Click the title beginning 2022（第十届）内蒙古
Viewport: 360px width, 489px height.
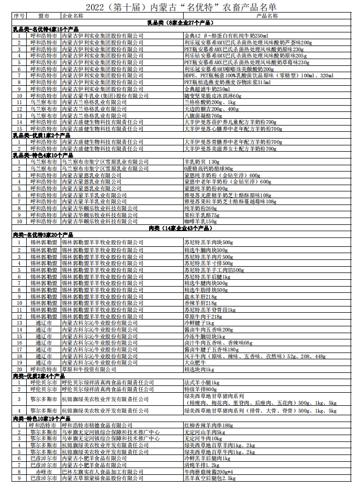[x=180, y=7]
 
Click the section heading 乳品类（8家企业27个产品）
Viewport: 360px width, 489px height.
[x=180, y=24]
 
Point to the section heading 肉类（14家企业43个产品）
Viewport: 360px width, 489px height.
[x=180, y=229]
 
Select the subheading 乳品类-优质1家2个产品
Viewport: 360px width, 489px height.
[x=41, y=135]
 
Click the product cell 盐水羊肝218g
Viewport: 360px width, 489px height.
[x=200, y=297]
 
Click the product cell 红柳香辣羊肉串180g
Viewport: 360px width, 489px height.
[x=209, y=426]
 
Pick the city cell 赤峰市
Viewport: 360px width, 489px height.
[x=43, y=471]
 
